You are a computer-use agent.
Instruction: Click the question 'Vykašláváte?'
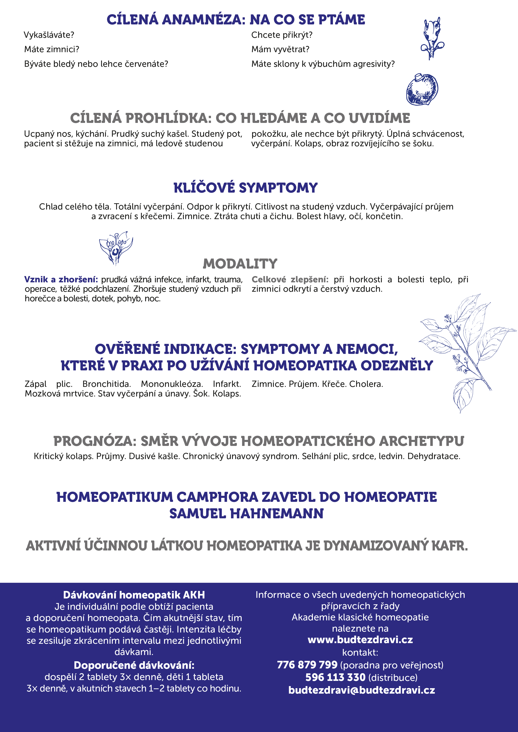pos(49,35)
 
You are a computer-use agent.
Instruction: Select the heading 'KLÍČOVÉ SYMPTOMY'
pos(245,188)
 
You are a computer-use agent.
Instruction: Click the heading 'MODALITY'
pos(240,264)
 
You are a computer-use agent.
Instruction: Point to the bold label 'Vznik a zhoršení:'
pos(61,280)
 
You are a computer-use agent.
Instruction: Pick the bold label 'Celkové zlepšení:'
pos(290,280)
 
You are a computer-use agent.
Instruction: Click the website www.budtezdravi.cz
pos(360,640)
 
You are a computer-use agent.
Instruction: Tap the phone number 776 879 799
pos(307,665)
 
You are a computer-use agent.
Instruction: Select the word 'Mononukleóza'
pos(171,384)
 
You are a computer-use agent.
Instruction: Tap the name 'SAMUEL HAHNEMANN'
pos(246,514)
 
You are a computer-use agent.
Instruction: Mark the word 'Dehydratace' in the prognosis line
pos(433,456)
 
